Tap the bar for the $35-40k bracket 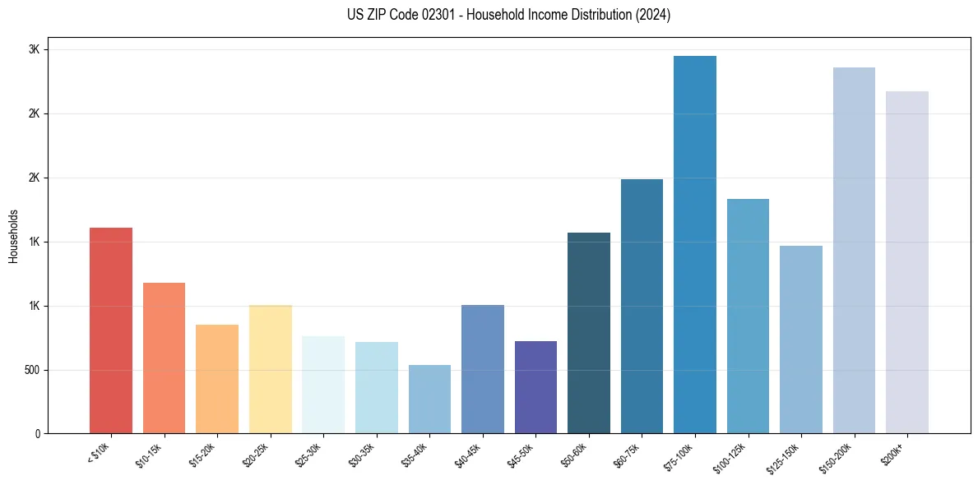click(429, 400)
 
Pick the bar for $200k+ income click(907, 262)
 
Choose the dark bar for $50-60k click(589, 333)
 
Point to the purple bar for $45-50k click(535, 387)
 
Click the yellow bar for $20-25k click(271, 369)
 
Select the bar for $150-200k click(854, 251)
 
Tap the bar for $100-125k click(748, 316)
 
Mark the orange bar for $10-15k click(164, 358)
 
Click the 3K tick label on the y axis click(35, 49)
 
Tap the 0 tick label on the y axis click(38, 434)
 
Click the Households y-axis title click(13, 236)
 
